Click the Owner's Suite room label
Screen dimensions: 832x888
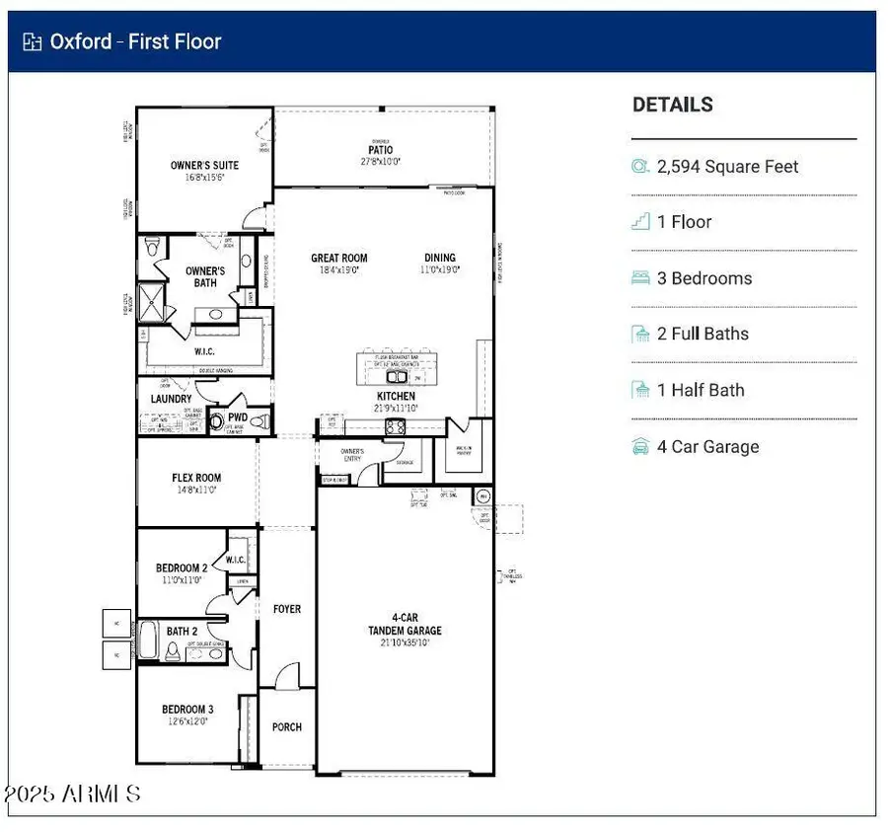point(204,166)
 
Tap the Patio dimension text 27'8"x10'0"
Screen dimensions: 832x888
point(380,161)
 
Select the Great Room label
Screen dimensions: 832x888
point(338,259)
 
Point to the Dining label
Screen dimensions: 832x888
point(440,259)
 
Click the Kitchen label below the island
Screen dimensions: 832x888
point(395,397)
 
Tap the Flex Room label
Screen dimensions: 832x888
point(195,479)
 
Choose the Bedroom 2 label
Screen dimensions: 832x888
point(182,568)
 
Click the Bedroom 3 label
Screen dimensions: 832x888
point(187,709)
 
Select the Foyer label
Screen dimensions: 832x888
point(287,610)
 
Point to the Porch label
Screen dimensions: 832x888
point(287,727)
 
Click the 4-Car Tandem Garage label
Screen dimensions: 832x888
point(405,625)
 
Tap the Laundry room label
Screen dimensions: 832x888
point(171,399)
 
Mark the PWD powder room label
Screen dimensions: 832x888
point(238,417)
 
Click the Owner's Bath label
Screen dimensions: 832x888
point(205,277)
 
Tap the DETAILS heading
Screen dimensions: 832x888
point(672,105)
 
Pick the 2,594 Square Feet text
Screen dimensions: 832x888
point(727,167)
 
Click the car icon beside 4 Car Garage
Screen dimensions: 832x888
point(640,447)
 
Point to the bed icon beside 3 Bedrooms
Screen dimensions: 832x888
point(640,278)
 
